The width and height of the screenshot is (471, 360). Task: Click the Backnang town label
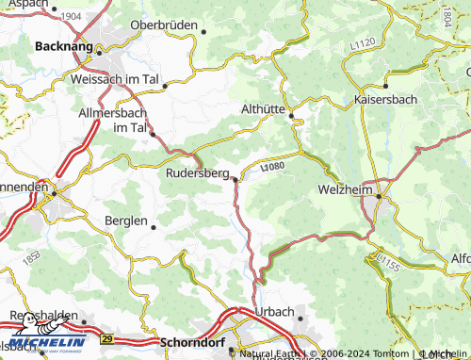(x=64, y=44)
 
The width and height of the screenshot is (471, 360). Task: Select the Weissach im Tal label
(x=114, y=79)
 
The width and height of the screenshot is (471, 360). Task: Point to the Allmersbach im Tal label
(x=114, y=120)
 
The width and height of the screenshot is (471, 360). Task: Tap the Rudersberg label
(x=197, y=173)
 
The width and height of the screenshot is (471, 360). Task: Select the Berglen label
(x=124, y=221)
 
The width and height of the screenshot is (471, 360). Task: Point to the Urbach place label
(x=274, y=312)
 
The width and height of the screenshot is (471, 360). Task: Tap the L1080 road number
(x=272, y=167)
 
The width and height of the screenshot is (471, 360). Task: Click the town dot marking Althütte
(x=291, y=116)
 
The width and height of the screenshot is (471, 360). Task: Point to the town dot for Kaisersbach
(x=385, y=86)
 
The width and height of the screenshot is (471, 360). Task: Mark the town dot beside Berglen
(x=154, y=227)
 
